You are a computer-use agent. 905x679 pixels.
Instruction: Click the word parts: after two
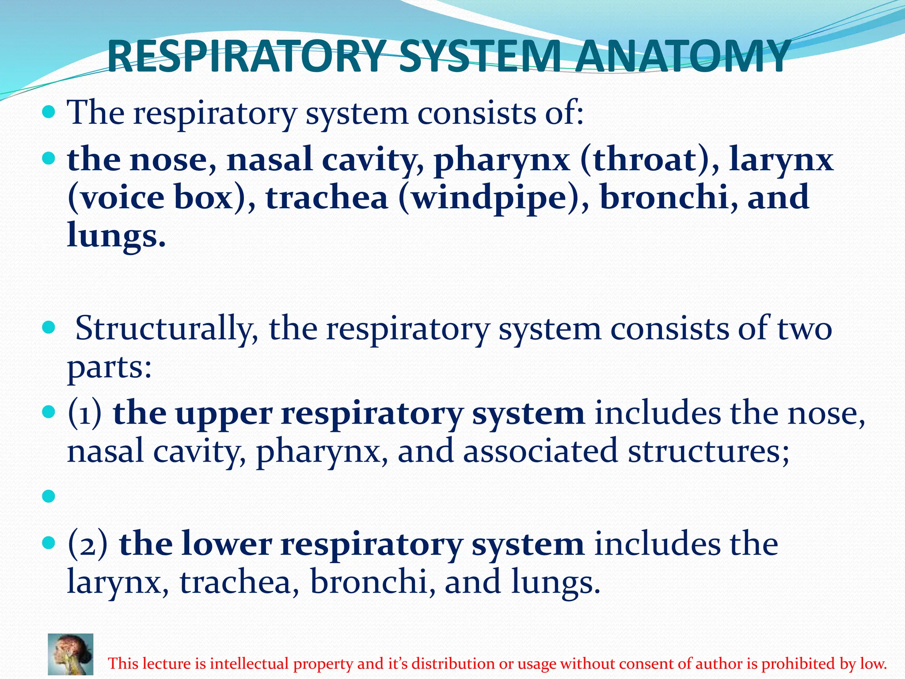pyautogui.click(x=110, y=368)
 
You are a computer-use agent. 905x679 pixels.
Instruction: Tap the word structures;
pyautogui.click(x=709, y=451)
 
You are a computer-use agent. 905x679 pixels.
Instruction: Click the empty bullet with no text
pyautogui.click(x=49, y=496)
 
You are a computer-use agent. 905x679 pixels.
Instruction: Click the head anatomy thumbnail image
pyautogui.click(x=71, y=654)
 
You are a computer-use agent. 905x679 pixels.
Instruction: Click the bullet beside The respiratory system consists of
pyautogui.click(x=49, y=111)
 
